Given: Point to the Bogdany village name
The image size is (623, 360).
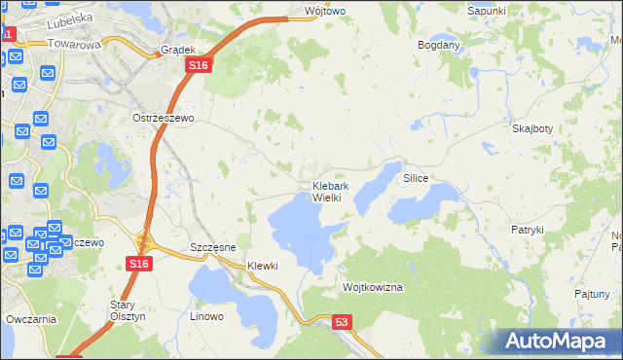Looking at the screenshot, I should pyautogui.click(x=438, y=46).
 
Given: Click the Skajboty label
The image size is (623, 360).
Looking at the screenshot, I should pyautogui.click(x=532, y=128).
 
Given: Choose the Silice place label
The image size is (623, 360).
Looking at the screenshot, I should pyautogui.click(x=416, y=179).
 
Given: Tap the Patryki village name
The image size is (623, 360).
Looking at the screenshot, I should pyautogui.click(x=527, y=230).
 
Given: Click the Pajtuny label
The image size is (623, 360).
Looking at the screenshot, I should pyautogui.click(x=592, y=293).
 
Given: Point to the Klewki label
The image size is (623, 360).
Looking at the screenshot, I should pyautogui.click(x=263, y=266).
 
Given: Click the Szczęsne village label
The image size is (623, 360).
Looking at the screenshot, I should pyautogui.click(x=213, y=247).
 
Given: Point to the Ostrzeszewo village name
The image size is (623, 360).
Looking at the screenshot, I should pyautogui.click(x=164, y=117).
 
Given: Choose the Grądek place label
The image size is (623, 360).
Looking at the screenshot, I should pyautogui.click(x=179, y=49).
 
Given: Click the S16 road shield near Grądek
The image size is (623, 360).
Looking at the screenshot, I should pyautogui.click(x=199, y=64).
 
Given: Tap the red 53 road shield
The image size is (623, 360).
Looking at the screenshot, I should pyautogui.click(x=341, y=322).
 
